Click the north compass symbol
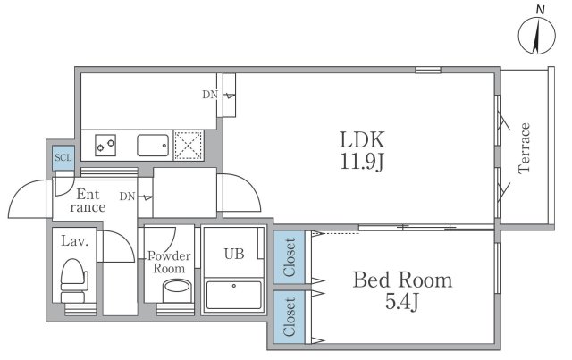pos(536,36)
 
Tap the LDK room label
pos(362,139)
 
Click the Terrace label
pos(524,147)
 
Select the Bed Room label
pos(402,280)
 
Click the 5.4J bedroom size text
pos(402,302)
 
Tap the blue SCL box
pos(63,158)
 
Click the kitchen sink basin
pos(153,146)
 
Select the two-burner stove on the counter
pos(105,146)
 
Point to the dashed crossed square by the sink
pos(189,146)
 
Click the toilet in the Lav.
pos(74,280)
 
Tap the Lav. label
pos(75,241)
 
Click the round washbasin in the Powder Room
pos(177,290)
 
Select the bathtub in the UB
pos(234,295)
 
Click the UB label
pos(234,254)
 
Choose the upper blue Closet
pos(289,257)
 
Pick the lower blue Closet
pos(289,317)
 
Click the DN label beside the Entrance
pos(127,197)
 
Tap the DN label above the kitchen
pos(210,95)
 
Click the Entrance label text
pos(88,201)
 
